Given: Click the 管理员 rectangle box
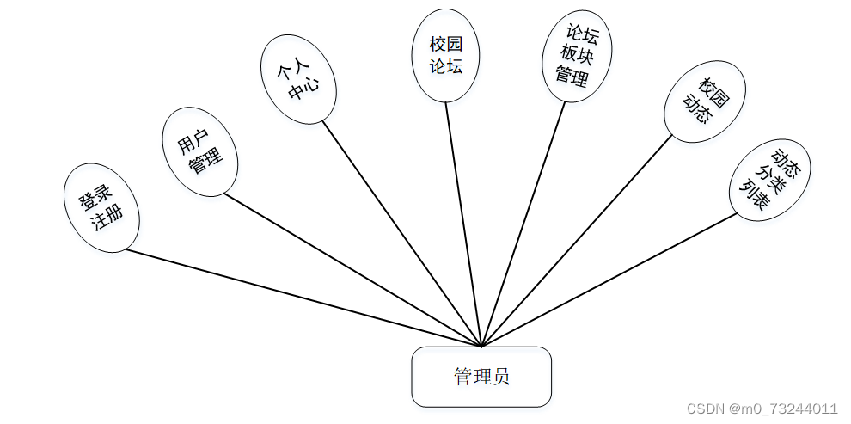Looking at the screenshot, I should [x=481, y=377].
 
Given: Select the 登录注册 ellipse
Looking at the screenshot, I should [x=101, y=207].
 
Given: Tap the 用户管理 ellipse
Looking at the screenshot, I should [x=199, y=151].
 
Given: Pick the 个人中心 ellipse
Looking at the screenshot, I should [x=298, y=79].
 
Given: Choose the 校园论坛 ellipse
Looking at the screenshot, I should [x=445, y=55].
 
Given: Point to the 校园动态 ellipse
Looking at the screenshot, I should [x=705, y=101].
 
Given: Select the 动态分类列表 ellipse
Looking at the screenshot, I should [x=769, y=180].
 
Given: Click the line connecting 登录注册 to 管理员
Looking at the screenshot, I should [x=301, y=298].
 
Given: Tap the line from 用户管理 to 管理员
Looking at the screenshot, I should [x=352, y=270].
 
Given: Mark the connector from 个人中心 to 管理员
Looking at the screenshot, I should [x=402, y=234].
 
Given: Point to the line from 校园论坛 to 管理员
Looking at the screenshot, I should [x=464, y=224].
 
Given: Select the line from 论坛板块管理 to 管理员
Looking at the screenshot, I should [x=524, y=224].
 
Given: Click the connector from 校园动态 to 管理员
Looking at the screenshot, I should [x=576, y=241].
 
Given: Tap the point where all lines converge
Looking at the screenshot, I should [x=482, y=347].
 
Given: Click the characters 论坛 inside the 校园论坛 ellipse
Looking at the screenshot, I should [x=445, y=66].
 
